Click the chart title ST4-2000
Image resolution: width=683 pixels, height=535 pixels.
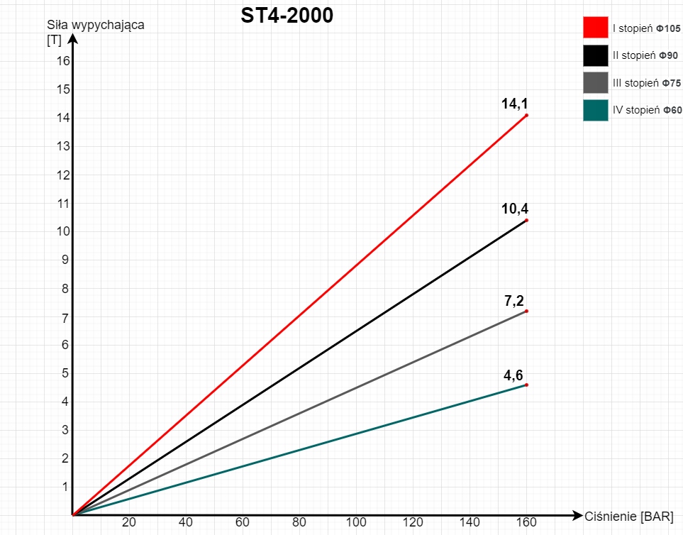click(287, 16)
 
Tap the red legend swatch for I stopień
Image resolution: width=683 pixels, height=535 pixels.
click(596, 27)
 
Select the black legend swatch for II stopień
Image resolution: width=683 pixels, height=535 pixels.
click(596, 55)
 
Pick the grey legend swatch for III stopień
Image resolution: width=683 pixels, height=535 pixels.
click(596, 82)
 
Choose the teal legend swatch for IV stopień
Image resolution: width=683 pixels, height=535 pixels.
click(596, 110)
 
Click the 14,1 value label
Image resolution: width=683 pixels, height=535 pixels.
click(514, 104)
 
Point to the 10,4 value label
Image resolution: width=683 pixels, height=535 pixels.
click(514, 209)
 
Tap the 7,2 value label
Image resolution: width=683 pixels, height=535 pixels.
click(514, 301)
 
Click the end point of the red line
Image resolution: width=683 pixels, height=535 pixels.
click(526, 115)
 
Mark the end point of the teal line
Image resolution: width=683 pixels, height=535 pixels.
click(526, 385)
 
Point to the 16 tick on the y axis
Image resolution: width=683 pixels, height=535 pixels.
click(63, 61)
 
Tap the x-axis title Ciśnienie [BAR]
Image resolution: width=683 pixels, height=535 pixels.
click(629, 516)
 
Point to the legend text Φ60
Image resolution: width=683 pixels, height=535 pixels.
click(672, 110)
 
